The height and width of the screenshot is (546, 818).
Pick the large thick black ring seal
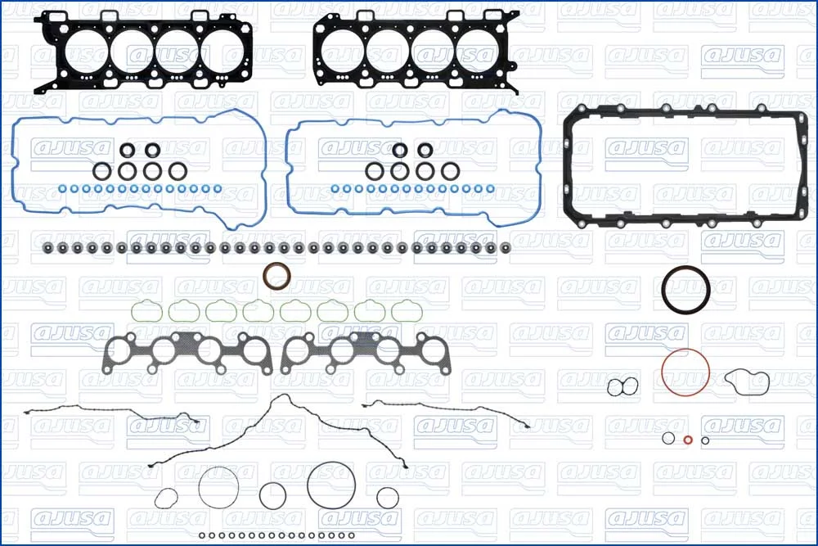tap(663, 291)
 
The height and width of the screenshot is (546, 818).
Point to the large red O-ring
tap(663, 372)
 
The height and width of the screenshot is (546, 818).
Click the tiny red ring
tap(688, 440)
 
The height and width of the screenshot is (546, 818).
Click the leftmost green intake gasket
tap(133, 312)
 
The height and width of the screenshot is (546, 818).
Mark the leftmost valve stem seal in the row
tap(48, 247)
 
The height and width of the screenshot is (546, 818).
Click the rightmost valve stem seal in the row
tap(505, 247)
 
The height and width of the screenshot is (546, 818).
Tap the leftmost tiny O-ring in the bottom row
tap(202, 535)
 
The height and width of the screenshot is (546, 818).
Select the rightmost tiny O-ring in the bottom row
tap(352, 535)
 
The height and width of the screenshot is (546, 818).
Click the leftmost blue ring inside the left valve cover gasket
tap(62, 189)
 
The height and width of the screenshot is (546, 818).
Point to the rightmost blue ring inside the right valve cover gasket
tap(490, 189)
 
